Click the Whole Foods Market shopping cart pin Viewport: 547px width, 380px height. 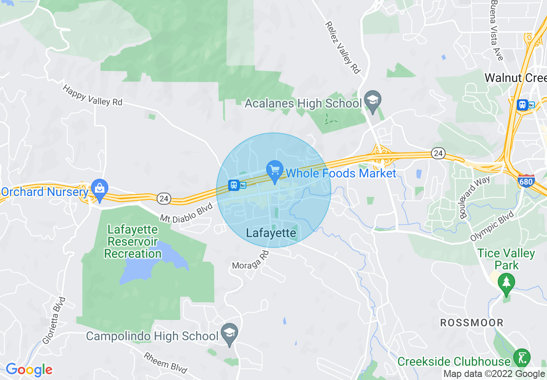coord(275,170)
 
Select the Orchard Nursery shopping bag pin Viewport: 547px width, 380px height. coord(100,189)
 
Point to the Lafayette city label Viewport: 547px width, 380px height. coord(271,233)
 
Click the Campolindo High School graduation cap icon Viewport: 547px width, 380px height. coord(229,333)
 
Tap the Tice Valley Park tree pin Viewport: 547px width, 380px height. coord(506,282)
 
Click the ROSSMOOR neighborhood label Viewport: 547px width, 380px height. coord(472,323)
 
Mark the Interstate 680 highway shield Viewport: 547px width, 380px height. coord(526,181)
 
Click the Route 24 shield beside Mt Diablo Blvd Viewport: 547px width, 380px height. coord(164,199)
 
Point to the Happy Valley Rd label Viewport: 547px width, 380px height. coord(92,95)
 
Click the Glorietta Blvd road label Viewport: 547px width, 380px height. coord(54,320)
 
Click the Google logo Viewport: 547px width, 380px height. coord(29,370)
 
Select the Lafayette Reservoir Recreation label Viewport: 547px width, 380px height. coord(133,241)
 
